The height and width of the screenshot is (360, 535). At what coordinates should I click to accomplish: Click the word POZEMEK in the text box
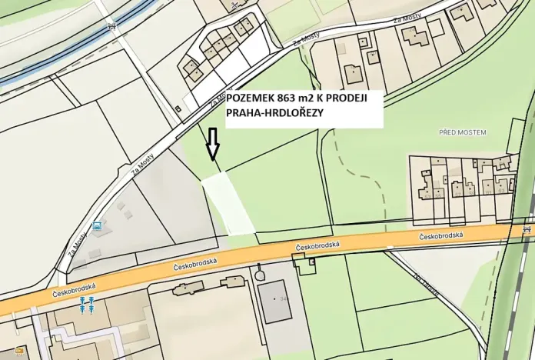click(x=251, y=98)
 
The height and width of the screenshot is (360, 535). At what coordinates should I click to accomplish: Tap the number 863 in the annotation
click(x=288, y=98)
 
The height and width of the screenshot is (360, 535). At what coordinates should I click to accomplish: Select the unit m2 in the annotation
click(x=312, y=98)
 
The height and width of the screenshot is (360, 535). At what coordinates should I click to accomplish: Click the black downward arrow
click(x=213, y=143)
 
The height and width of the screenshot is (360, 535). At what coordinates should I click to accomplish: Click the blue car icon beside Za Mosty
click(x=97, y=226)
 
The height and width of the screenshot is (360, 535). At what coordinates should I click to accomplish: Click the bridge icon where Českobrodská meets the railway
click(x=526, y=228)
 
